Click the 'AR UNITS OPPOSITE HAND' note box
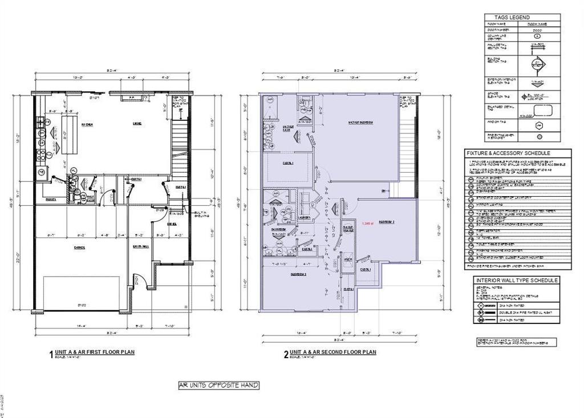click(x=218, y=385)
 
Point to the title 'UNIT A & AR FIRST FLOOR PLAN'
click(x=96, y=352)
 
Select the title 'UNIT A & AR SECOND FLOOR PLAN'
click(x=333, y=352)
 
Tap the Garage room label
click(x=79, y=247)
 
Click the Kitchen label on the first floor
click(x=87, y=124)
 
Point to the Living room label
click(x=137, y=124)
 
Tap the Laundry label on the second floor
click(x=304, y=217)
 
